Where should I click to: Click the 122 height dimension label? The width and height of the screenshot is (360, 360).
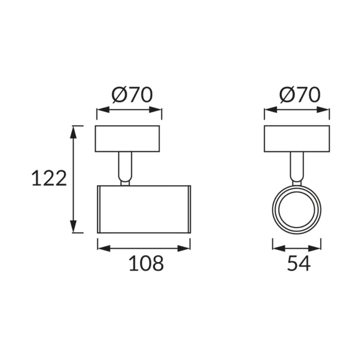click(49, 178)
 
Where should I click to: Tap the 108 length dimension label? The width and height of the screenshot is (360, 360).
click(146, 263)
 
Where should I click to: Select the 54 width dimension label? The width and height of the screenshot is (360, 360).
click(299, 263)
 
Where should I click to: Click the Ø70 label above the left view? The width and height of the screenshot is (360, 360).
click(132, 95)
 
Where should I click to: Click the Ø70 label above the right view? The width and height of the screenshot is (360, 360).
click(300, 95)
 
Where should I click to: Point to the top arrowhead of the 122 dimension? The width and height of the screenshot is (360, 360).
click(73, 132)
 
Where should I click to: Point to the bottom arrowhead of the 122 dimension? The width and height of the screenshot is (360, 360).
click(73, 226)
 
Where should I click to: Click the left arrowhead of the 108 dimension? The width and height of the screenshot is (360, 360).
click(104, 248)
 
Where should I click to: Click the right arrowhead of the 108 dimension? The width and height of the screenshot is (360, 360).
click(184, 248)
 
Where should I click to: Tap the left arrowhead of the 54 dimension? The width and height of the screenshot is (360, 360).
click(279, 248)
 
